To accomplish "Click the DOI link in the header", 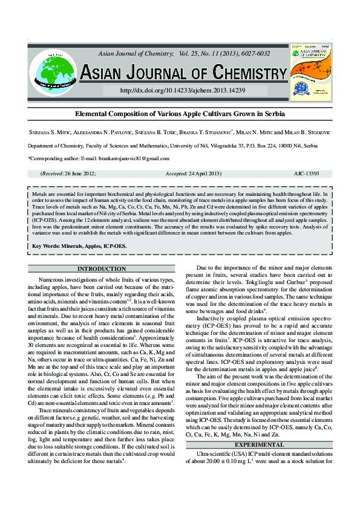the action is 183,90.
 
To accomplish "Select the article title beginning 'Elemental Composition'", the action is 180,114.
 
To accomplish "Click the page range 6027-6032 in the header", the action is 255,54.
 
